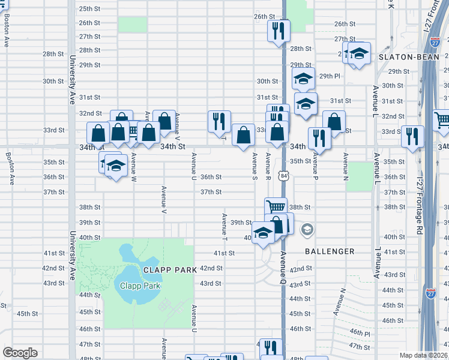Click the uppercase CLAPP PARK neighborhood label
[170, 270]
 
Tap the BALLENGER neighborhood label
[330, 251]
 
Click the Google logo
[20, 353]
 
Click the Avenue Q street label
[282, 268]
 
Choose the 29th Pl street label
[330, 76]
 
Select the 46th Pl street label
[360, 332]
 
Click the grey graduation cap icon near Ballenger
[307, 230]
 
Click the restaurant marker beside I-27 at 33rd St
[413, 136]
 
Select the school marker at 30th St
[303, 79]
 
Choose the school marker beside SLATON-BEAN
[359, 53]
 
